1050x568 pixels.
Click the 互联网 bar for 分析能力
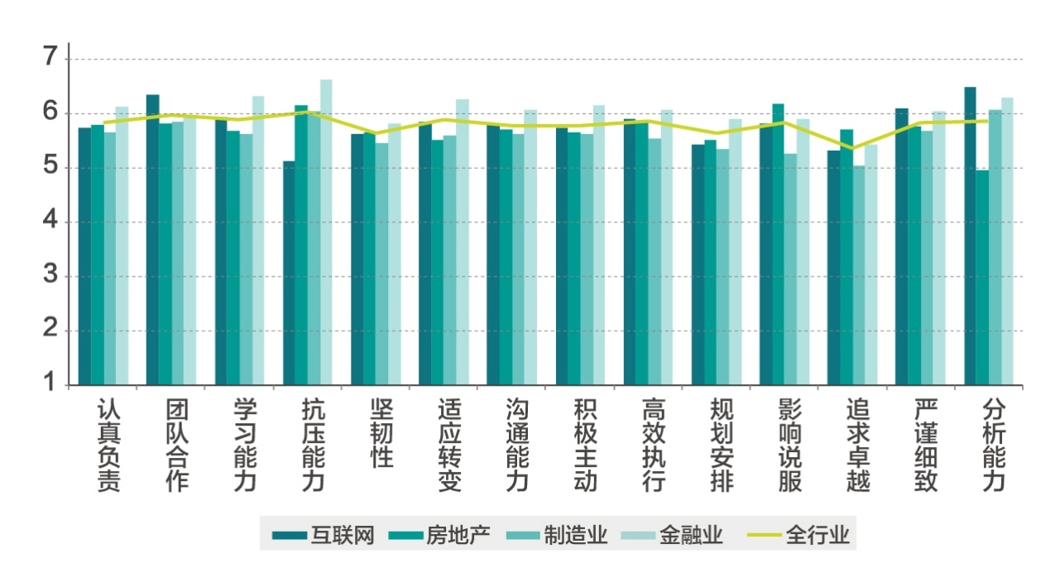click(x=970, y=236)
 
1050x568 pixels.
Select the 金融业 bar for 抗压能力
click(x=326, y=232)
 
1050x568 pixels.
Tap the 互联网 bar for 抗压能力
click(x=289, y=273)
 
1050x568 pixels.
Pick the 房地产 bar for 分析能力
click(x=982, y=277)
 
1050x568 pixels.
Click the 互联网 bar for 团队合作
click(x=152, y=240)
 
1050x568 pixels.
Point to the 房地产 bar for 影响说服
click(x=778, y=244)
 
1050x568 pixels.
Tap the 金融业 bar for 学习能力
click(x=258, y=240)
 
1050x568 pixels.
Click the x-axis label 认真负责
click(x=108, y=445)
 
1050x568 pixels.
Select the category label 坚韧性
click(x=381, y=433)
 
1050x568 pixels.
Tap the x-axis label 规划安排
click(x=721, y=445)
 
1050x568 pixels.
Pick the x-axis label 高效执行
click(x=653, y=445)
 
